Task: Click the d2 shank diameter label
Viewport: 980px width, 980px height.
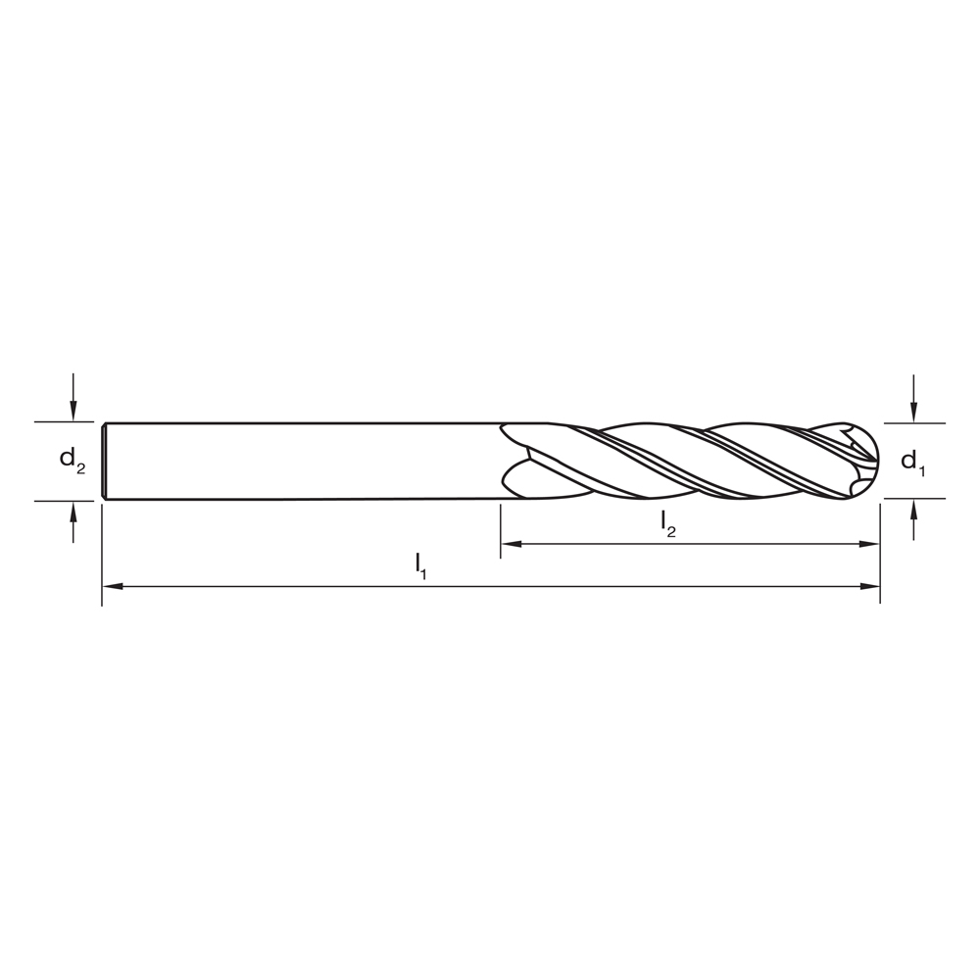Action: tap(72, 459)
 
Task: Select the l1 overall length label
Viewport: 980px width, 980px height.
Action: tap(420, 564)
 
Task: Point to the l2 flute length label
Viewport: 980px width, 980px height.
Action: tap(667, 523)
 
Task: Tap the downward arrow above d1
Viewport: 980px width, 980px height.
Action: tap(913, 411)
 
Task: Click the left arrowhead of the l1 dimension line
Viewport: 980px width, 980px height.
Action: tap(111, 586)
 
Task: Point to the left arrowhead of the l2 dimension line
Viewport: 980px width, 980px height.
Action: tap(510, 544)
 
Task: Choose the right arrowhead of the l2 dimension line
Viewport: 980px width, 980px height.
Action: tap(871, 544)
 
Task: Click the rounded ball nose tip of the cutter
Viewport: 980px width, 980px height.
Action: tap(873, 461)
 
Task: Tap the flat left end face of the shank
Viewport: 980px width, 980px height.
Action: tap(104, 461)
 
